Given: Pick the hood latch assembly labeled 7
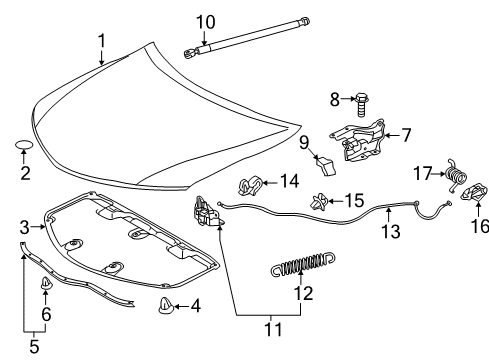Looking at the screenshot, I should pos(361,140).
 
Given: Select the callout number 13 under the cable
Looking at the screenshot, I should pos(390,232).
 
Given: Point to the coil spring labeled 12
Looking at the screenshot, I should pos(300,268).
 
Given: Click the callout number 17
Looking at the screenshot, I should pos(424,173).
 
